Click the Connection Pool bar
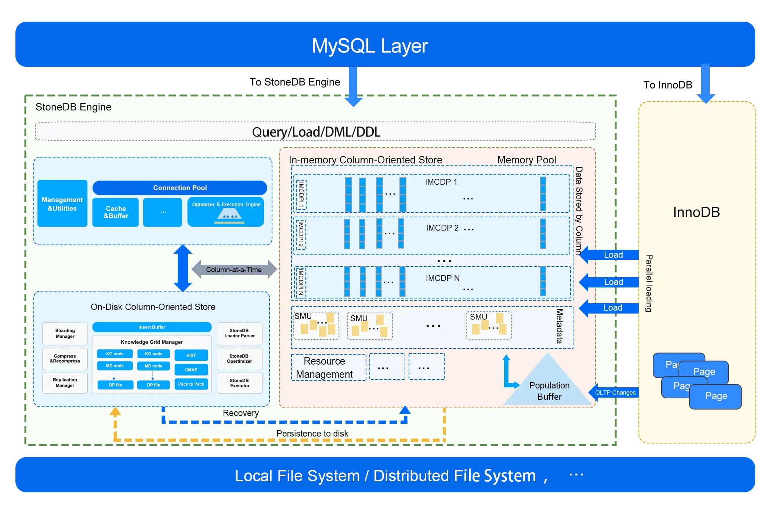pyautogui.click(x=180, y=188)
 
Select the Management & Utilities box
pyautogui.click(x=62, y=204)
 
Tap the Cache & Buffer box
pyautogui.click(x=116, y=212)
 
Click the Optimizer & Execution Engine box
pyautogui.click(x=226, y=212)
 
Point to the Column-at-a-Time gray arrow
pyautogui.click(x=234, y=269)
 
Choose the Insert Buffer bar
pyautogui.click(x=152, y=327)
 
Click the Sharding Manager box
pyautogui.click(x=65, y=333)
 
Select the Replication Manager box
pyautogui.click(x=65, y=383)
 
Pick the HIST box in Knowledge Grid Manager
pyautogui.click(x=191, y=355)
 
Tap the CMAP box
pyautogui.click(x=191, y=370)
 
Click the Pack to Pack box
pyautogui.click(x=191, y=384)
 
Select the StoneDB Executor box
pyautogui.click(x=239, y=383)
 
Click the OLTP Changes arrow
pyautogui.click(x=615, y=392)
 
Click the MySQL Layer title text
pyautogui.click(x=370, y=46)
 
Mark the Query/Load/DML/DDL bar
pyautogui.click(x=316, y=132)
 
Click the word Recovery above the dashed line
pyautogui.click(x=240, y=413)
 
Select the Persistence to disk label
pyautogui.click(x=312, y=434)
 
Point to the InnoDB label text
pyautogui.click(x=696, y=212)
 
